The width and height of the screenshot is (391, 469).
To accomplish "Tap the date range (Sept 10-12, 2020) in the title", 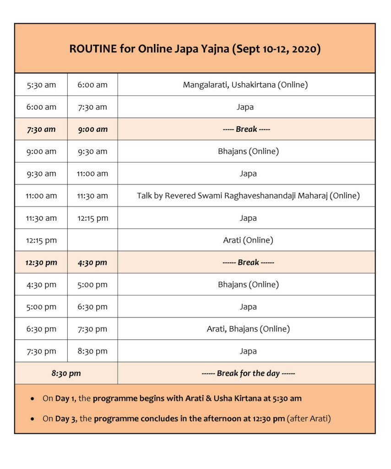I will click(x=276, y=49).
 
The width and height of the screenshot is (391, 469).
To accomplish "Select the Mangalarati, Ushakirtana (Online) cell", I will click(x=245, y=85).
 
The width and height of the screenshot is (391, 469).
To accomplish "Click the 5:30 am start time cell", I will click(x=41, y=85).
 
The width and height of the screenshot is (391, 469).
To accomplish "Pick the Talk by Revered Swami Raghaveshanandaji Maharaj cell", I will click(x=248, y=196).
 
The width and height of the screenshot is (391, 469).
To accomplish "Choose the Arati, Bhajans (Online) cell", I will click(x=248, y=329).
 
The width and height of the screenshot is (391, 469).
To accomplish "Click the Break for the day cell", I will click(x=248, y=373).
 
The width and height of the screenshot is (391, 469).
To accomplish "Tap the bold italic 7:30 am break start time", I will click(x=41, y=129).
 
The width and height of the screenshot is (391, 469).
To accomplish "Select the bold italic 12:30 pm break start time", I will click(x=41, y=262).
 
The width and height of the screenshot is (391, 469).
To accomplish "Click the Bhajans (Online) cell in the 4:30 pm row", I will click(x=248, y=284).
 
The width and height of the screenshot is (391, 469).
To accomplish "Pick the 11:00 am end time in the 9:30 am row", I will click(x=92, y=174).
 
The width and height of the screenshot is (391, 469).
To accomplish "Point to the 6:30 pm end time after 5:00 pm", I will click(x=92, y=307).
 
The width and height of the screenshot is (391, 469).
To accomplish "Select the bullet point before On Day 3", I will click(x=32, y=419).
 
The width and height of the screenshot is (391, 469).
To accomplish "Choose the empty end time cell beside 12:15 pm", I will click(x=92, y=240).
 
